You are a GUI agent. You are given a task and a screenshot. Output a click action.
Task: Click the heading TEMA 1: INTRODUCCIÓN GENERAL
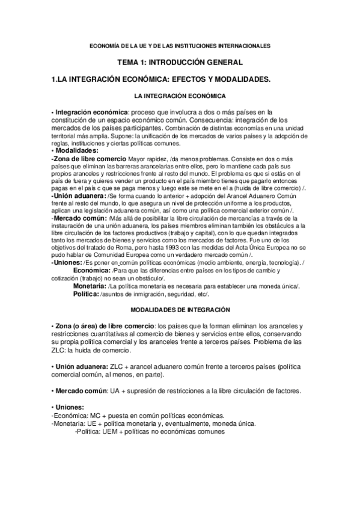click(x=180, y=62)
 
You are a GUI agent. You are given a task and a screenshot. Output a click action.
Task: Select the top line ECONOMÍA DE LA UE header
click(x=180, y=45)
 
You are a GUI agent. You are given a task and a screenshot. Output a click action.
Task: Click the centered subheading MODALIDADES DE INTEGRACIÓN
click(x=180, y=309)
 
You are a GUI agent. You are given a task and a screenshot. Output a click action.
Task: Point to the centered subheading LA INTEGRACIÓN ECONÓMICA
click(x=180, y=96)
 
